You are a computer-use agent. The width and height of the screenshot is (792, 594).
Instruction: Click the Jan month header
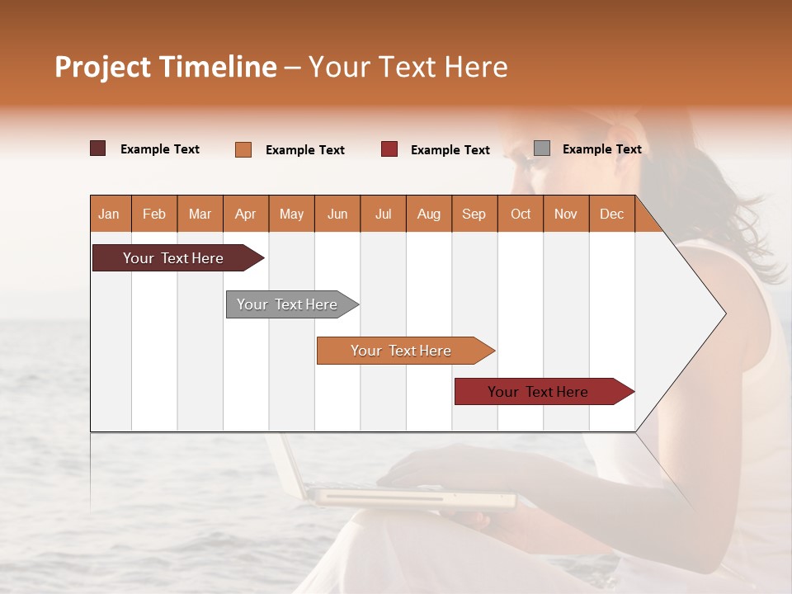click(x=110, y=214)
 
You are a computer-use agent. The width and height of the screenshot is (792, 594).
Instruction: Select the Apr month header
click(x=246, y=214)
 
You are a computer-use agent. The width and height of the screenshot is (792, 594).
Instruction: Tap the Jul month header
click(x=383, y=214)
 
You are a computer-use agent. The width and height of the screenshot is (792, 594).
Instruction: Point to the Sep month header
click(x=474, y=214)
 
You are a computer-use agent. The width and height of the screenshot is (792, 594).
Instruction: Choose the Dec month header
click(x=611, y=214)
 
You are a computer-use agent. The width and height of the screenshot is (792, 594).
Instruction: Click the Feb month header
click(x=154, y=214)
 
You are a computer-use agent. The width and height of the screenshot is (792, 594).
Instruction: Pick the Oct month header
click(x=521, y=214)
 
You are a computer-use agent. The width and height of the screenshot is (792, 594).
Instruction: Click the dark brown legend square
click(x=98, y=148)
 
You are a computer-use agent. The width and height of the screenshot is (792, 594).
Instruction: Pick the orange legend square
click(x=243, y=149)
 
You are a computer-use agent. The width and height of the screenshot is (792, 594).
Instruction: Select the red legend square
click(x=389, y=149)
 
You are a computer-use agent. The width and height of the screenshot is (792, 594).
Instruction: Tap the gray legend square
click(x=542, y=148)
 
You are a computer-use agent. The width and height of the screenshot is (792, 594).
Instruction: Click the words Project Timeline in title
click(x=166, y=67)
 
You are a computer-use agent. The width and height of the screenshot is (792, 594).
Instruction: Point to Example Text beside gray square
click(x=601, y=149)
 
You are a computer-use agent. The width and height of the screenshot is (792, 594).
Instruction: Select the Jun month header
click(x=337, y=214)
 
